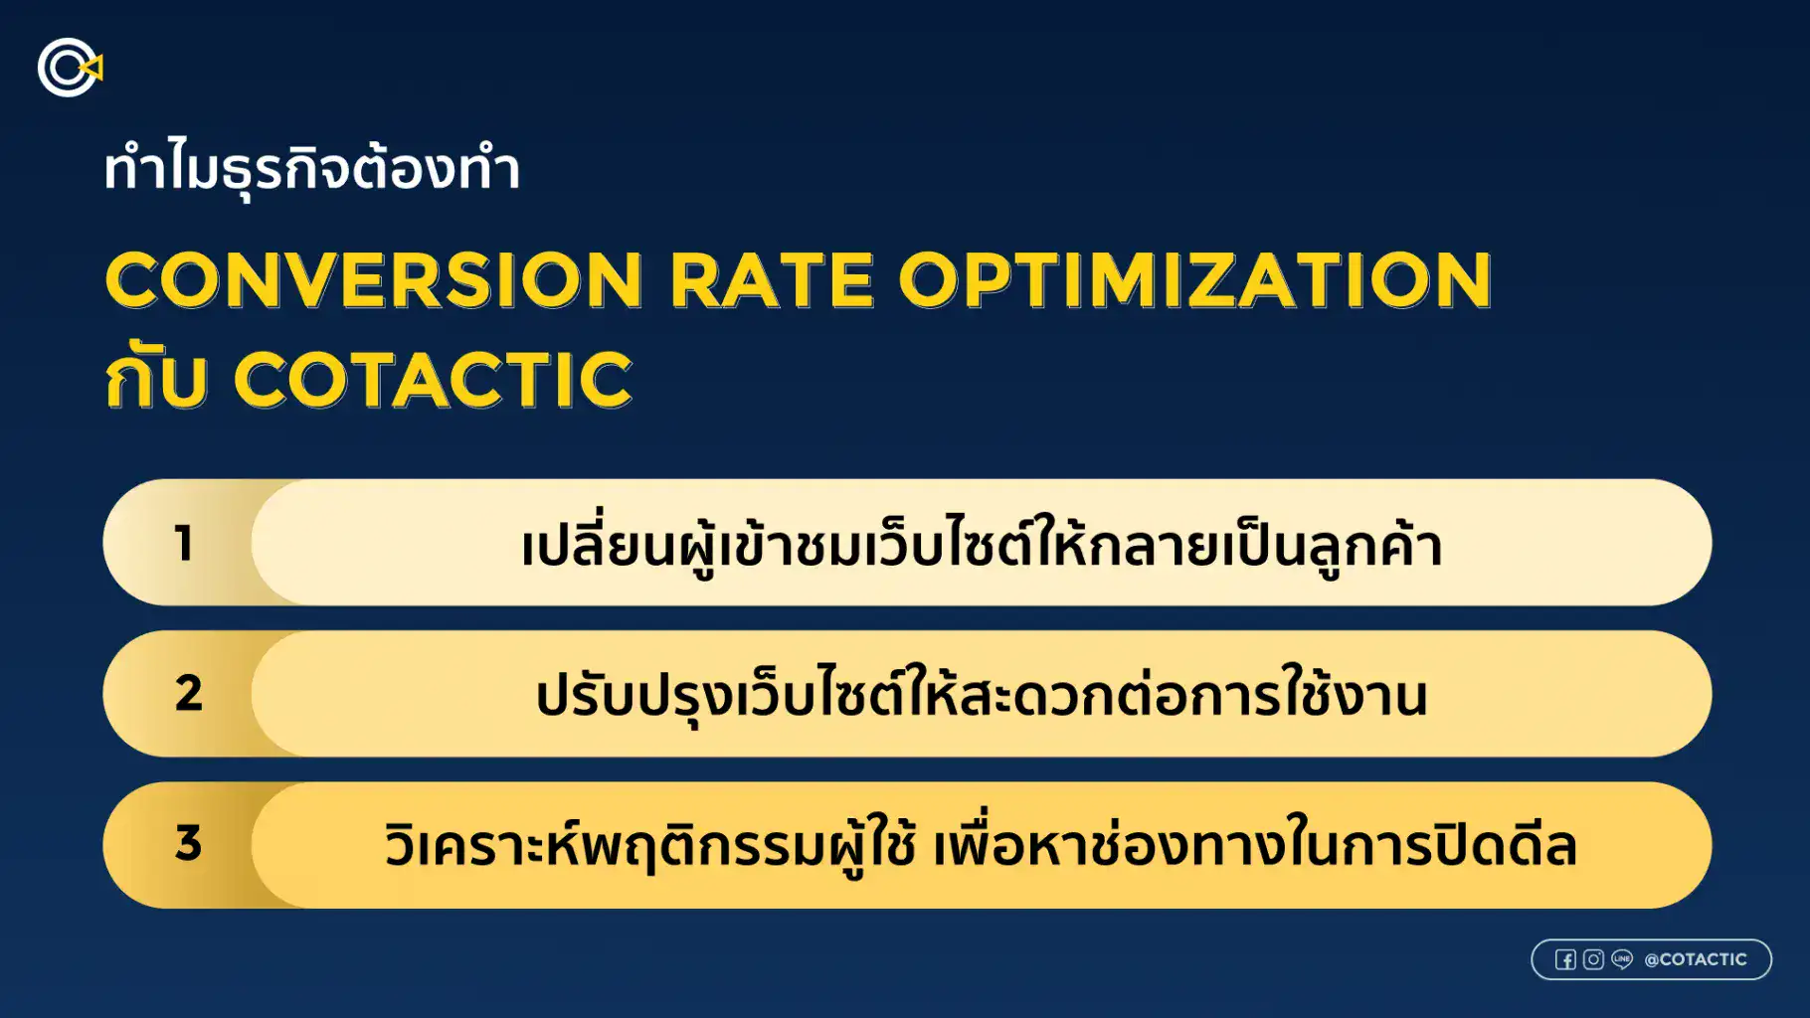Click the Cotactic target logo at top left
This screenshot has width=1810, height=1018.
(x=68, y=68)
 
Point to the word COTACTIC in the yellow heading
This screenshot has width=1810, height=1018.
(x=433, y=380)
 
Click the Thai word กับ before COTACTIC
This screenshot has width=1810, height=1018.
(x=156, y=380)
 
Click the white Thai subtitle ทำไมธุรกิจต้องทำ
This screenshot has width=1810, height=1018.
(x=311, y=169)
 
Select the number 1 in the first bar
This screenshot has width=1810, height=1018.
(x=184, y=544)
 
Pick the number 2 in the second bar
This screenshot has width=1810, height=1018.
(x=188, y=694)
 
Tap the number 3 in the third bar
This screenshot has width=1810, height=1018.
(x=188, y=844)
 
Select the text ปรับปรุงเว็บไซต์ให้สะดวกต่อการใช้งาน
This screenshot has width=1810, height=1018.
(x=981, y=696)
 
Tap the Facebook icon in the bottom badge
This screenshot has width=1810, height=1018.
(x=1565, y=959)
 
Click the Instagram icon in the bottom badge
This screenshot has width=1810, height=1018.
(x=1593, y=959)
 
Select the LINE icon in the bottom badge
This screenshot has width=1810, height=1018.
(x=1622, y=959)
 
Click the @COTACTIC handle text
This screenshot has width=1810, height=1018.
(x=1696, y=959)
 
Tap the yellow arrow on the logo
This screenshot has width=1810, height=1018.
(x=92, y=68)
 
